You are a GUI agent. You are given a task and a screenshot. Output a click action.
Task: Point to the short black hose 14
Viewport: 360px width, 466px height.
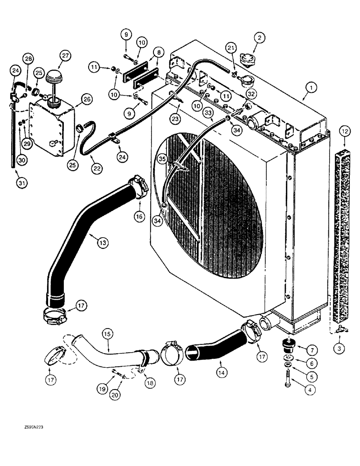(215, 348)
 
